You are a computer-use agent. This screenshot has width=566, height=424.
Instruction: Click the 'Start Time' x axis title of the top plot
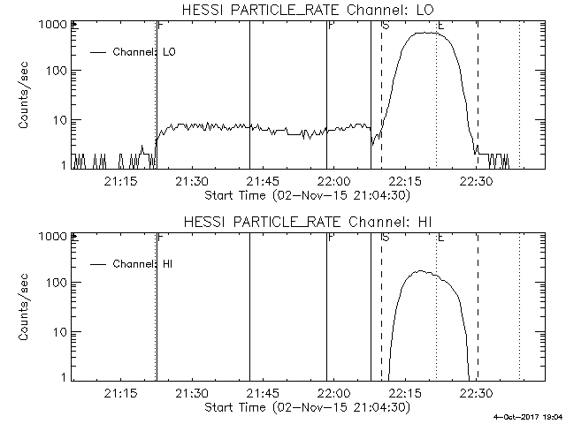[x=306, y=193]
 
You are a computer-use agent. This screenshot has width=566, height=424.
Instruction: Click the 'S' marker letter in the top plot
[x=386, y=25]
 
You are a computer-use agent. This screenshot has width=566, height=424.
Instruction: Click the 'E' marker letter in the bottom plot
[x=440, y=237]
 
